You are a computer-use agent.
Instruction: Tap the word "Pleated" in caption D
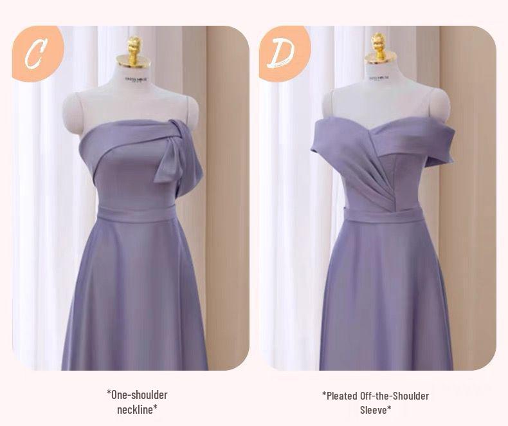click(x=345, y=396)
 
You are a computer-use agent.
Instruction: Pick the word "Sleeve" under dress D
click(x=375, y=410)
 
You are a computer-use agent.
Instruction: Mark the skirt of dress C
click(x=136, y=296)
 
